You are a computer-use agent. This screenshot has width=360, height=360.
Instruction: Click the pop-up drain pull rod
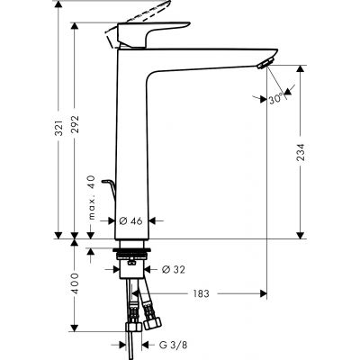coord(110,191)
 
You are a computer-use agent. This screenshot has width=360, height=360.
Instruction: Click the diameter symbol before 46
coord(122,220)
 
